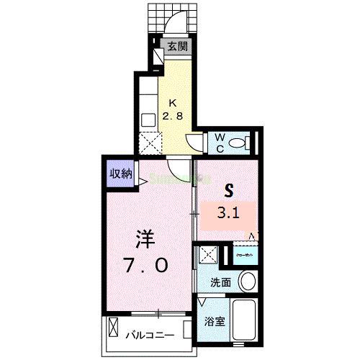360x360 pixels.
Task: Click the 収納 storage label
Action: coord(120,174)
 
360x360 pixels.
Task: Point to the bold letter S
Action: coord(229,191)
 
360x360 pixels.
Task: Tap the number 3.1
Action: coord(229,214)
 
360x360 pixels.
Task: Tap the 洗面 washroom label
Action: coord(220,282)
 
